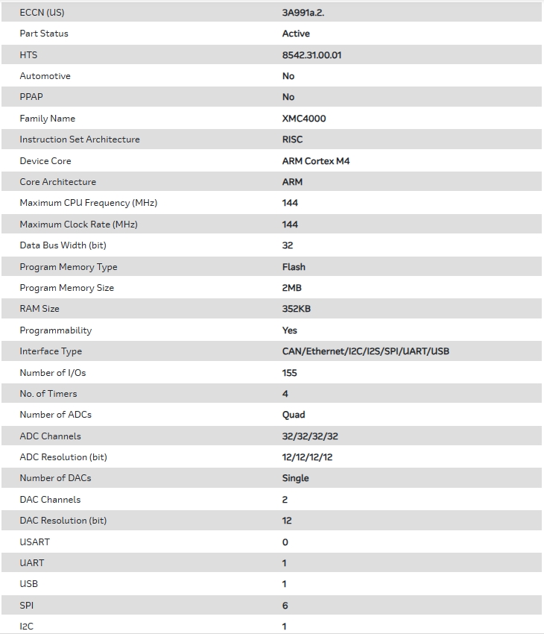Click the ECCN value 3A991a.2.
click(303, 12)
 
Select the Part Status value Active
click(296, 34)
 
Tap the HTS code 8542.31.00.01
click(311, 54)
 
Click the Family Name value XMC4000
click(304, 118)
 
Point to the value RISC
click(292, 139)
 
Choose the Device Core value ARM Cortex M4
click(316, 160)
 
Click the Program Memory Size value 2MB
click(291, 288)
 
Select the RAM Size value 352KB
click(296, 309)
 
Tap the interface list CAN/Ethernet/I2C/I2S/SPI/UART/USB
click(365, 351)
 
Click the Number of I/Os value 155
click(289, 372)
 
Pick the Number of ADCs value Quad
click(294, 415)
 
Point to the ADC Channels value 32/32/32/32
click(310, 436)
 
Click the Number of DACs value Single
click(295, 478)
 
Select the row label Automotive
click(45, 76)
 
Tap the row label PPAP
click(31, 97)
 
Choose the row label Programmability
click(56, 330)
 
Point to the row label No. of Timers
click(48, 393)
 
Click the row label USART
click(34, 542)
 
